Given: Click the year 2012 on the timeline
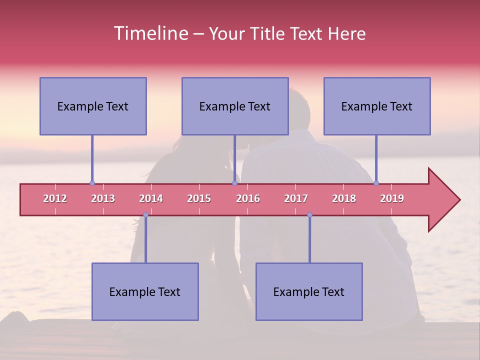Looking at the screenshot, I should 55,199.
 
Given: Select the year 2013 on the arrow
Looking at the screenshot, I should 103,199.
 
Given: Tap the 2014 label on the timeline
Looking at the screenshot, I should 151,199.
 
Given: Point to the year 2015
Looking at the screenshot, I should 199,199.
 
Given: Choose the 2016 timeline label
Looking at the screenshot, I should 248,199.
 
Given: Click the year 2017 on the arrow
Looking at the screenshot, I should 296,199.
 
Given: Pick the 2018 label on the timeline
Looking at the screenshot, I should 344,199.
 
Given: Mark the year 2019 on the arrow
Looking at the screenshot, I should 392,199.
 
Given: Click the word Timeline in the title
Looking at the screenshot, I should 150,33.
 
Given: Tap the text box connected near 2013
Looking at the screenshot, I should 93,106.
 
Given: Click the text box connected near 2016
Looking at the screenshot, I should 235,106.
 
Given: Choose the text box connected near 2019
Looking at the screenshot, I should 377,106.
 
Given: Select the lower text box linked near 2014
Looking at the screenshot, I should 145,292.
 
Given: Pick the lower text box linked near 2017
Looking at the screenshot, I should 309,292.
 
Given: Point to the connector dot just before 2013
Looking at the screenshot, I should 92,183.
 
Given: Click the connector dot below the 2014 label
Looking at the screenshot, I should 145,215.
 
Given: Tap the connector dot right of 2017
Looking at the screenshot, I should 309,215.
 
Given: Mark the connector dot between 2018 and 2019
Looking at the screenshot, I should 376,183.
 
